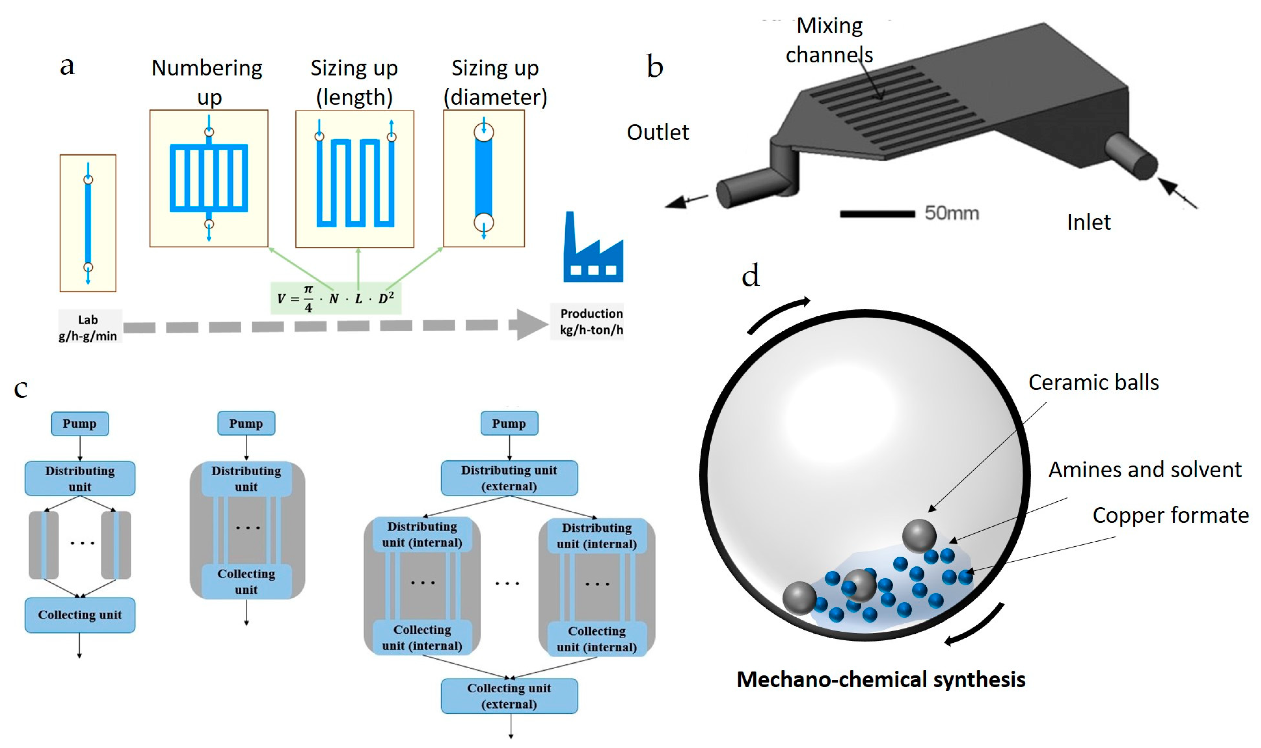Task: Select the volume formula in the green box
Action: (x=336, y=298)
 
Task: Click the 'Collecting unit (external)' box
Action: (x=509, y=696)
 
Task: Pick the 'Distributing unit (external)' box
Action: (x=509, y=478)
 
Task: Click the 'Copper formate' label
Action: (x=1170, y=515)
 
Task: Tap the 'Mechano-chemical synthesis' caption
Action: (x=881, y=680)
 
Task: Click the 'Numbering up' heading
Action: (x=207, y=82)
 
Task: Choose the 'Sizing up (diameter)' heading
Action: (x=495, y=82)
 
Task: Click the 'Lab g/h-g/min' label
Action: (x=88, y=328)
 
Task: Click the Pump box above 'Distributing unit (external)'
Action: (x=509, y=423)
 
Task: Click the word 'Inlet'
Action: (x=1088, y=222)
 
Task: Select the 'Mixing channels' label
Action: (x=829, y=40)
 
